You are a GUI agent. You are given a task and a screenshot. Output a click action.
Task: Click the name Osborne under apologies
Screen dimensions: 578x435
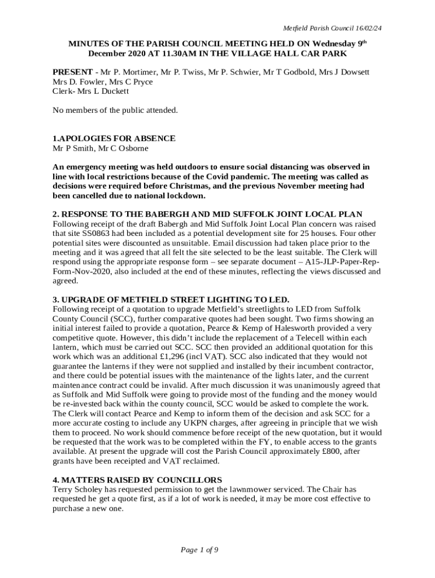click(x=137, y=148)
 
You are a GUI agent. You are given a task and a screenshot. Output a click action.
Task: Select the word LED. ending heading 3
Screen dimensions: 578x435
click(x=279, y=299)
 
